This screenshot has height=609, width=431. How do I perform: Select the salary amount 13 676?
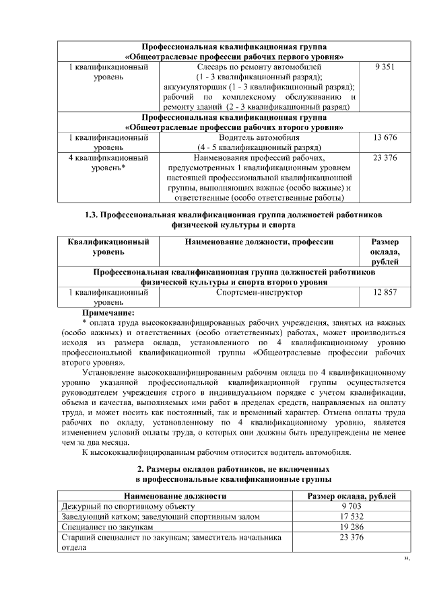tap(384, 137)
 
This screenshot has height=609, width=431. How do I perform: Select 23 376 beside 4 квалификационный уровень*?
tap(384, 157)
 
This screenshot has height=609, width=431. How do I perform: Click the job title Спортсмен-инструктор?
tap(259, 293)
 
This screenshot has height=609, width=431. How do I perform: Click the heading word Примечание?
tap(108, 312)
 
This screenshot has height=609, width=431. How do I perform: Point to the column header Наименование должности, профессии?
tap(259, 242)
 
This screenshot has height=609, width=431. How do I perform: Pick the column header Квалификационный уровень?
tap(108, 246)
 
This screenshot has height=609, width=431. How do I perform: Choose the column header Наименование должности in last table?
tap(174, 495)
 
